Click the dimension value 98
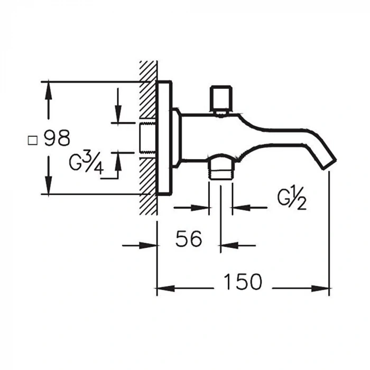(x=57, y=138)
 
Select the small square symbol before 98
(x=33, y=140)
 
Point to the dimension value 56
(x=189, y=239)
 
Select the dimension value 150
(x=242, y=282)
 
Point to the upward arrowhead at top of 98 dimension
(x=48, y=91)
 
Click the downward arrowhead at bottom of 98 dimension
(x=48, y=186)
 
